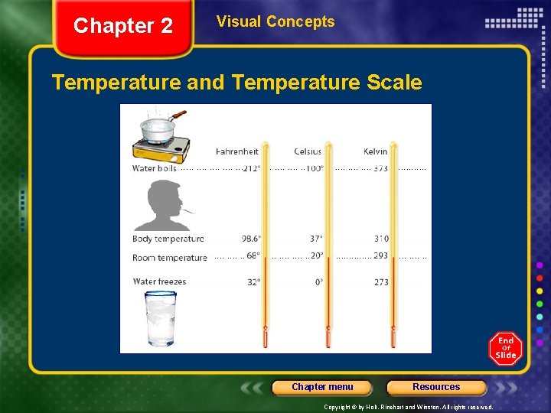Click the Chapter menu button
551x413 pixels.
pyautogui.click(x=322, y=387)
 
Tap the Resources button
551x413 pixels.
pyautogui.click(x=436, y=387)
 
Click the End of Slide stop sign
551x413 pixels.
pyautogui.click(x=505, y=349)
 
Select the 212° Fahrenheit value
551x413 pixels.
pyautogui.click(x=251, y=168)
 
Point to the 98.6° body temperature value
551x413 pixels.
pyautogui.click(x=251, y=239)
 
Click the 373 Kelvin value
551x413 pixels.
pyautogui.click(x=380, y=168)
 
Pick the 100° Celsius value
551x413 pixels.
pyautogui.click(x=315, y=168)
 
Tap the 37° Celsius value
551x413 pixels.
pyautogui.click(x=316, y=239)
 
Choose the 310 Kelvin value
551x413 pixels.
pyautogui.click(x=381, y=239)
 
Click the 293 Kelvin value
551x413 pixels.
pyautogui.click(x=380, y=256)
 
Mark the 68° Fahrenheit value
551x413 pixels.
pyautogui.click(x=253, y=256)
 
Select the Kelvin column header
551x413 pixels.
pyautogui.click(x=375, y=151)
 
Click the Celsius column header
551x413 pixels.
pyautogui.click(x=308, y=151)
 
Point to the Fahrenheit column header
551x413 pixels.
pyautogui.click(x=237, y=151)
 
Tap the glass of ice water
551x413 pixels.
pyautogui.click(x=160, y=317)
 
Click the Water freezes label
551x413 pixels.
pyautogui.click(x=159, y=281)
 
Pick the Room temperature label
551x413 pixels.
pyautogui.click(x=169, y=258)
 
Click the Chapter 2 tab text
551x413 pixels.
pyautogui.click(x=123, y=26)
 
